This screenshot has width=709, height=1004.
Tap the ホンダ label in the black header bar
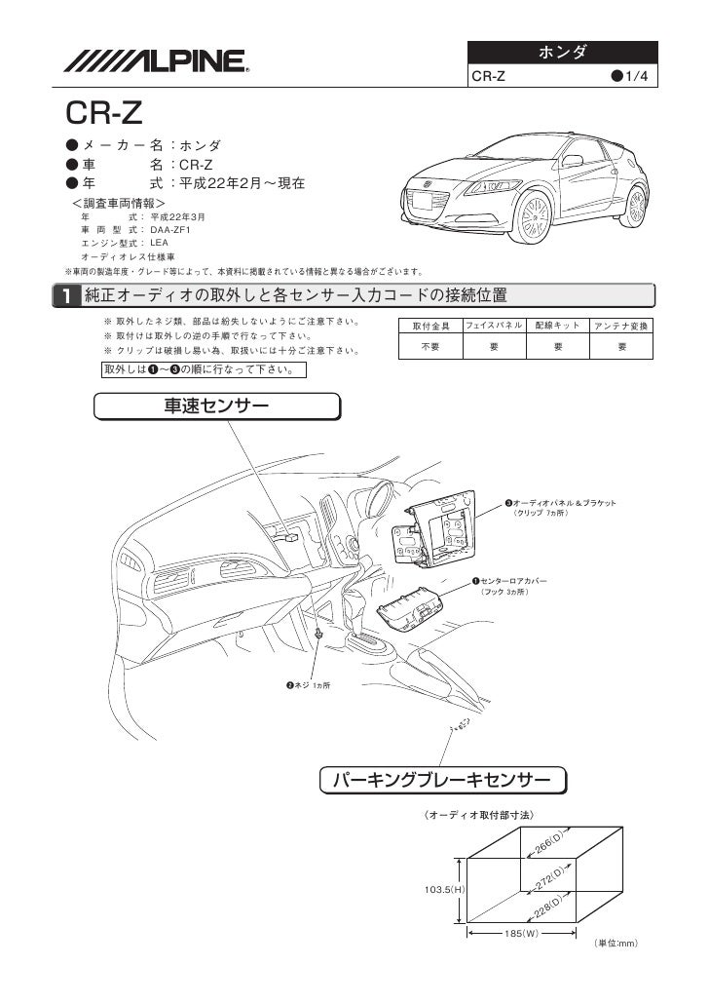pyautogui.click(x=564, y=51)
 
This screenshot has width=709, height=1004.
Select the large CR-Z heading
pyautogui.click(x=104, y=115)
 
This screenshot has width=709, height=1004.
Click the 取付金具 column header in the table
pyautogui.click(x=430, y=325)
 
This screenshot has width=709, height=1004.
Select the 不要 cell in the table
pyautogui.click(x=430, y=346)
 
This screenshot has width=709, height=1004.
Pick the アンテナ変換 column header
pyautogui.click(x=623, y=325)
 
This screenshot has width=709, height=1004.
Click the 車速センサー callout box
pyautogui.click(x=217, y=405)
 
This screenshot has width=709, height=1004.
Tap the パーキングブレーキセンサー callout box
pyautogui.click(x=444, y=780)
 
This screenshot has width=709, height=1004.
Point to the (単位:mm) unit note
pyautogui.click(x=615, y=944)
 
